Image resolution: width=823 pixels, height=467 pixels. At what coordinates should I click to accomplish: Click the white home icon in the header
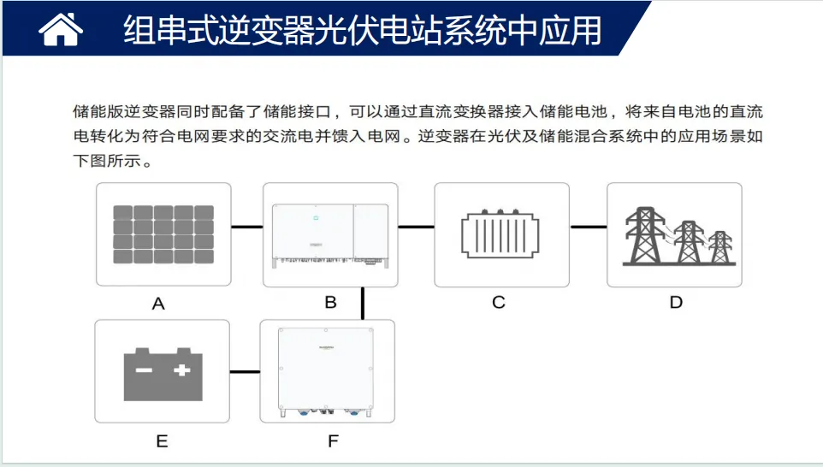61,29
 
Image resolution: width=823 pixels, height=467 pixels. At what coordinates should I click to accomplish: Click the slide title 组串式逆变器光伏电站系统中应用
362,30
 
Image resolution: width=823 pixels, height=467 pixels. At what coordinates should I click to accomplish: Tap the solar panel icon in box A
163,234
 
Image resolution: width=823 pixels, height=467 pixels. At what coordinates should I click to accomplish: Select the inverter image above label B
330,235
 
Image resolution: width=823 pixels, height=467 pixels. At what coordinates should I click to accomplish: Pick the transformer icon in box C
500,233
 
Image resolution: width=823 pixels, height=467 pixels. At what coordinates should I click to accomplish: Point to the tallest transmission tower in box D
645,235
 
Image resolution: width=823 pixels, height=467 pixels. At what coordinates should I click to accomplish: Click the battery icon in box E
163,374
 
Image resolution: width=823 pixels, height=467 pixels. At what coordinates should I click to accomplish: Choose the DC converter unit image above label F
326,372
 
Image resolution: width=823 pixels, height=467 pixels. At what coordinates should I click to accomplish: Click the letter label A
158,304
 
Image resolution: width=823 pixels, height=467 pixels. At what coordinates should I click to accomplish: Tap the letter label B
331,302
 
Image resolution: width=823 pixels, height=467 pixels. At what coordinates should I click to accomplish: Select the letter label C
499,302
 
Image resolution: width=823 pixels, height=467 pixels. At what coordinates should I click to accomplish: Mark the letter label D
676,302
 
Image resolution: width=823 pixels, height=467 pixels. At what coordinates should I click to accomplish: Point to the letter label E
163,440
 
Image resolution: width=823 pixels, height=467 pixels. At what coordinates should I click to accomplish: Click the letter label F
333,440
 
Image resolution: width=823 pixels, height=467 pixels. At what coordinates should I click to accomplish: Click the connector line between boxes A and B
246,227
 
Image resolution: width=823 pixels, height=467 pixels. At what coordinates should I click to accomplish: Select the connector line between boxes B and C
417,227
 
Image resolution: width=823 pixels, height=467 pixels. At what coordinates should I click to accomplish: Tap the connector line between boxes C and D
589,227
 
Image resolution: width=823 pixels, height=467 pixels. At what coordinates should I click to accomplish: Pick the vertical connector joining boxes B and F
363,304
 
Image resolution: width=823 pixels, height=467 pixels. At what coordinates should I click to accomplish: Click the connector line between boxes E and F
246,371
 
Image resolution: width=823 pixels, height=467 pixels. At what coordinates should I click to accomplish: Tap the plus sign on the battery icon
181,370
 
